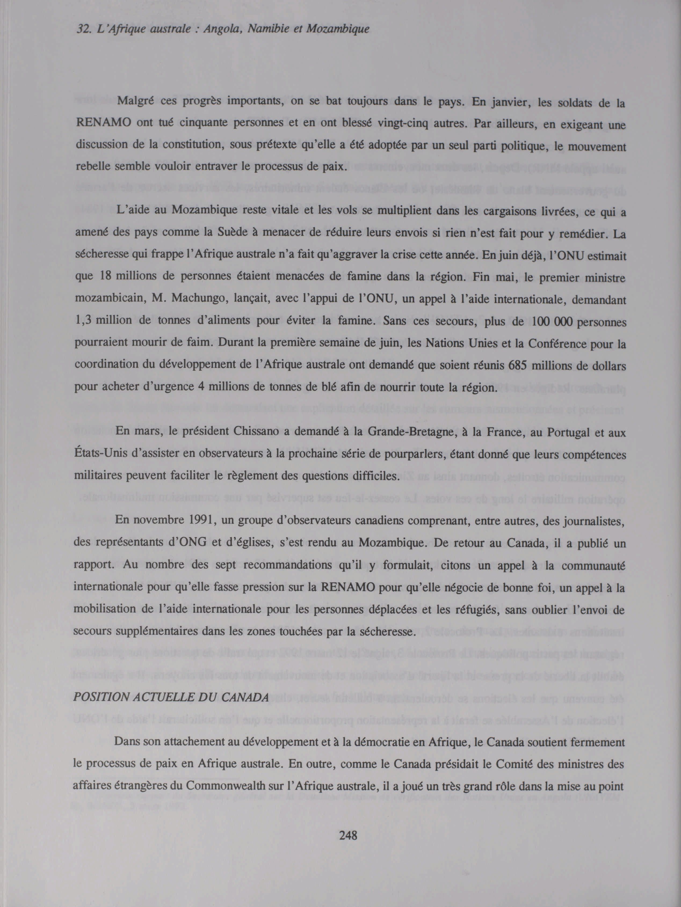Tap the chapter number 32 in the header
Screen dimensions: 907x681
point(83,29)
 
